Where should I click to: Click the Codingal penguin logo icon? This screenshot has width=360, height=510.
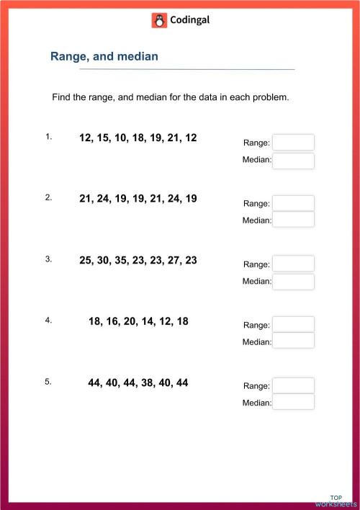(159, 21)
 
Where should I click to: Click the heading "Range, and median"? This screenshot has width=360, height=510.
(104, 56)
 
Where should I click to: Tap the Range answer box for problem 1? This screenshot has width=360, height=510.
(293, 143)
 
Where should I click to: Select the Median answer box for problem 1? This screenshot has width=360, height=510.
(293, 160)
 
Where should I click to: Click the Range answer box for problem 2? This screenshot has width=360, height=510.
(293, 203)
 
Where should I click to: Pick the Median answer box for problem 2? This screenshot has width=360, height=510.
(293, 220)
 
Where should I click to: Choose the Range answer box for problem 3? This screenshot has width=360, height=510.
(293, 264)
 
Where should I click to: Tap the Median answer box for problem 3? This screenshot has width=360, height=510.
(293, 281)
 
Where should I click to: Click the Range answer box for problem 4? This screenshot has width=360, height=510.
(293, 324)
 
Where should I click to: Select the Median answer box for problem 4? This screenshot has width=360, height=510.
(293, 341)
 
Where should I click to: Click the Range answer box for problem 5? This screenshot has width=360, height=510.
(293, 385)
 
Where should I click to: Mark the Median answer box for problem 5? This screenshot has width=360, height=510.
(293, 402)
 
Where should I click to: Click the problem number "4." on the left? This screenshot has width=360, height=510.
(48, 321)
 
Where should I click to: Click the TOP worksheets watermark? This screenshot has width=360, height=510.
(336, 501)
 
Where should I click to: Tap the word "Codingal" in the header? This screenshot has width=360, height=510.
(189, 21)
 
